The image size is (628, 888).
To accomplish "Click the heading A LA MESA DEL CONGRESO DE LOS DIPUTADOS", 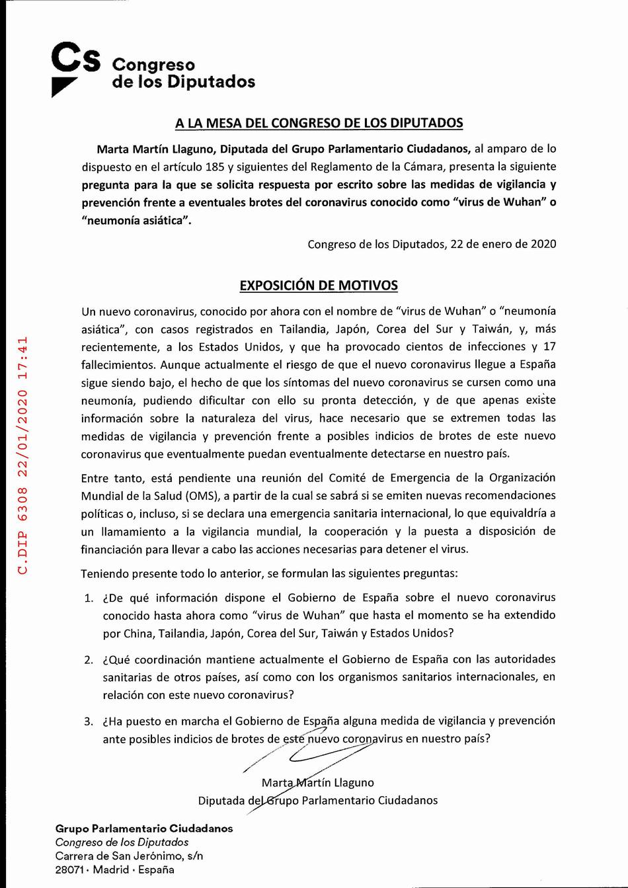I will point(319,123).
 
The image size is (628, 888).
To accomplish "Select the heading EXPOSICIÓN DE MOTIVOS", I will point(319,286).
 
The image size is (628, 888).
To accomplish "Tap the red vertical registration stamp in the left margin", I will point(23,455).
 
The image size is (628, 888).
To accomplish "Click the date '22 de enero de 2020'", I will point(503,244).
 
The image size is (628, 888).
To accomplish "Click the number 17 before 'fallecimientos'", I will point(549,346).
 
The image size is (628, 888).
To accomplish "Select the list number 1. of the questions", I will point(89,598).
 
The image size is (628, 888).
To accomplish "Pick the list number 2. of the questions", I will point(89,660).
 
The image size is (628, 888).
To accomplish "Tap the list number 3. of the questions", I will point(89,721).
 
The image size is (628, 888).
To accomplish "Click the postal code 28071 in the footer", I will point(69,869).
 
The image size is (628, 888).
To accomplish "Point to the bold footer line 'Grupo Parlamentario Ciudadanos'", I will point(144,828).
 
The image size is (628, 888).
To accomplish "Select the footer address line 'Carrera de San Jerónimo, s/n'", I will point(129,856).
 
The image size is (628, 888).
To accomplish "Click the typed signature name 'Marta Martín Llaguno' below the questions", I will point(318,783).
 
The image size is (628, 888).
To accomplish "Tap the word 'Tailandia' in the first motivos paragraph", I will point(303,329).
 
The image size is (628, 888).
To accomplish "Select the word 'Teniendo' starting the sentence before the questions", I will point(104,573).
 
